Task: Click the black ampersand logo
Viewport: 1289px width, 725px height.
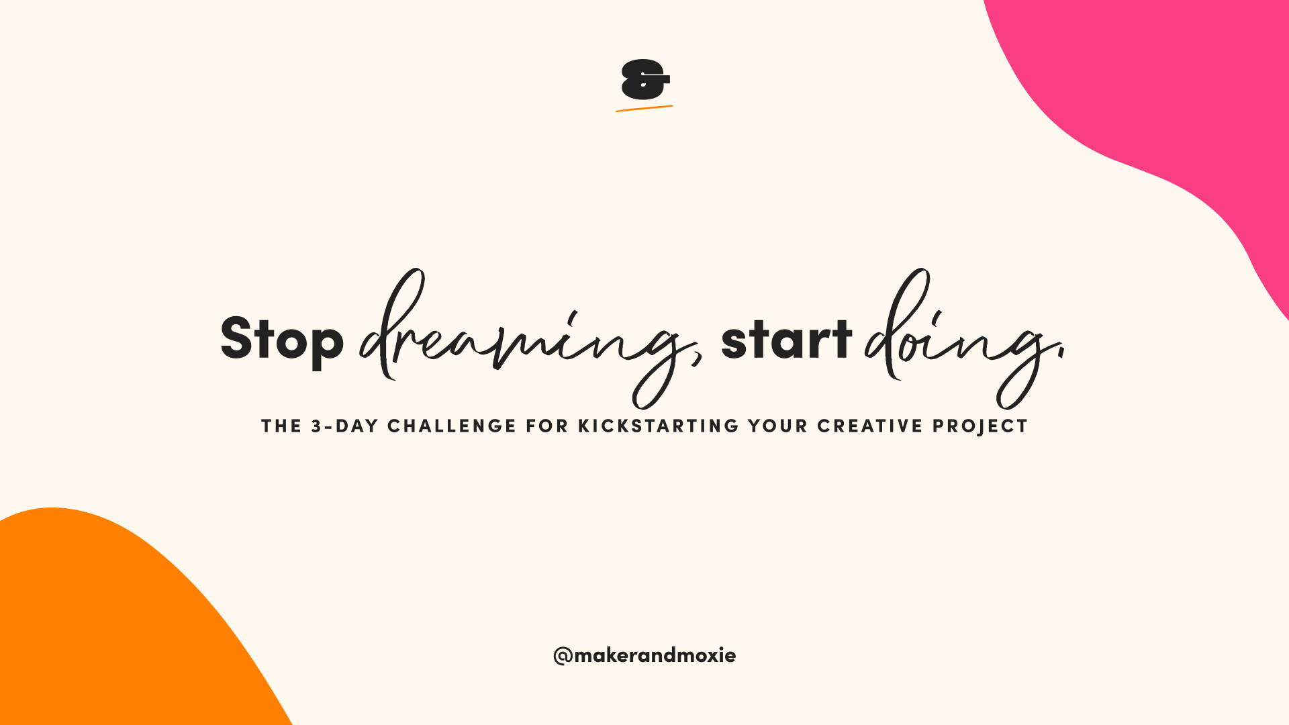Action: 645,80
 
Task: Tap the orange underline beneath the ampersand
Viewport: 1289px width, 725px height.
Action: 644,108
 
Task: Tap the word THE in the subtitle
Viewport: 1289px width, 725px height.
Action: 282,426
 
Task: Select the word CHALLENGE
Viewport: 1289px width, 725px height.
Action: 452,426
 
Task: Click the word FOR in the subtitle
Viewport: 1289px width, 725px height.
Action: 547,426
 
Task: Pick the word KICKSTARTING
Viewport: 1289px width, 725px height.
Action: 659,426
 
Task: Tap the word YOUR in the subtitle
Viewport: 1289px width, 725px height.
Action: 778,426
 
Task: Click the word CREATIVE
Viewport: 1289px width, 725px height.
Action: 870,426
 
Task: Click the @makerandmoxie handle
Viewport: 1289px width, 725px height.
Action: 644,655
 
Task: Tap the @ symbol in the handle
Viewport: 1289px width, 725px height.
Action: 563,656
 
